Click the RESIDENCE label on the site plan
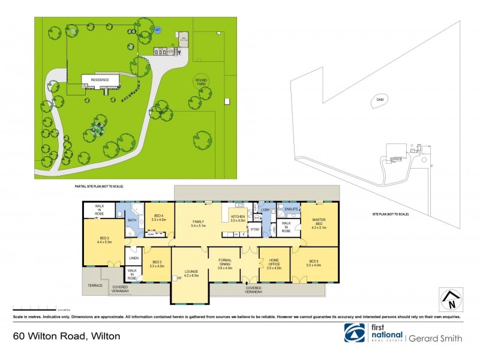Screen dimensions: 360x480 (100, 79)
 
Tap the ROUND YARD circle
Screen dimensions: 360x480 (202, 82)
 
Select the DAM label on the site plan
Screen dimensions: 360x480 (380, 99)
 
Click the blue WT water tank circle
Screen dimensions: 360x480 (158, 29)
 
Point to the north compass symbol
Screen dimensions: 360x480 (451, 299)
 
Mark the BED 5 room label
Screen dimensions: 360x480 (314, 262)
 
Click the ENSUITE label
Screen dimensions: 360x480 (292, 209)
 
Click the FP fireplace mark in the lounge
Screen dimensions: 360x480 (178, 278)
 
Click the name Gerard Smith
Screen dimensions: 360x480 (436, 338)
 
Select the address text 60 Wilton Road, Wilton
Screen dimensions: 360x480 (66, 336)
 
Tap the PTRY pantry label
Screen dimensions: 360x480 (254, 229)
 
